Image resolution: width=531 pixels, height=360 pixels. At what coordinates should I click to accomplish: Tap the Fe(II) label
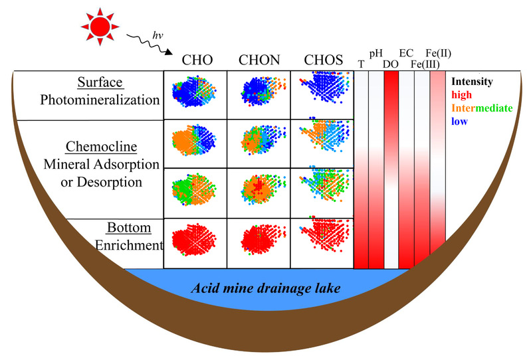tap(437, 52)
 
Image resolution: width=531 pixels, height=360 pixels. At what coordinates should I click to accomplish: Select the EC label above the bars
tap(406, 52)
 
